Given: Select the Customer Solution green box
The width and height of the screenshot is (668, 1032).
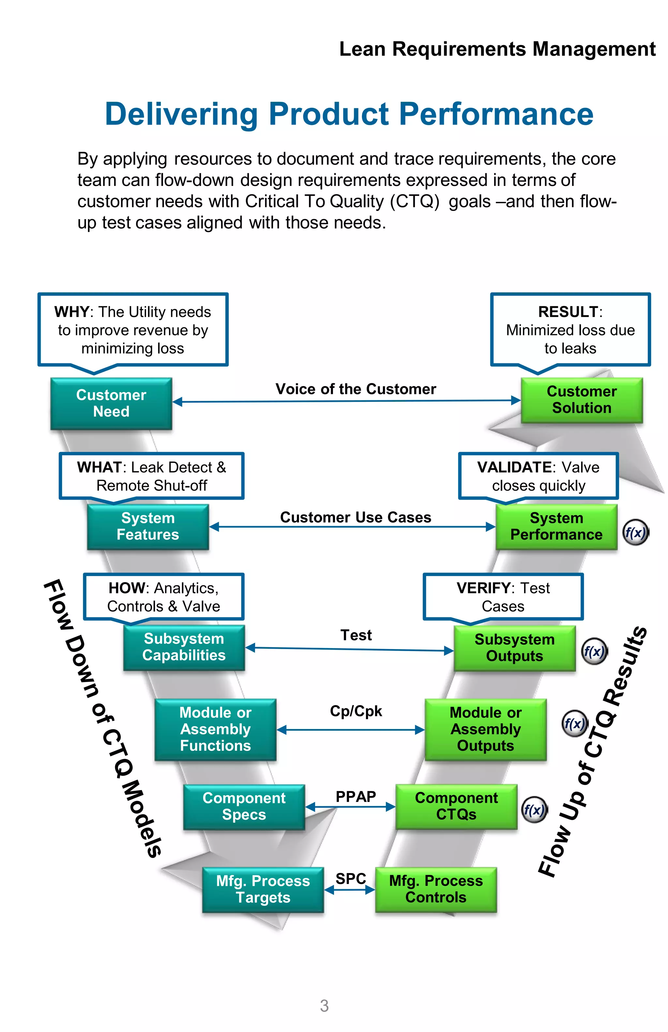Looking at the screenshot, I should [581, 400].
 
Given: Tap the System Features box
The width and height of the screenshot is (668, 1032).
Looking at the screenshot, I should [147, 526].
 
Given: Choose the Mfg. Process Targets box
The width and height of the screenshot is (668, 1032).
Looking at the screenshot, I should [263, 889].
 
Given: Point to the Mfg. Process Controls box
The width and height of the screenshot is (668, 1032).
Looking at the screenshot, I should [436, 889].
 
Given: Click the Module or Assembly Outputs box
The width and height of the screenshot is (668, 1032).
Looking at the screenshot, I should [485, 729].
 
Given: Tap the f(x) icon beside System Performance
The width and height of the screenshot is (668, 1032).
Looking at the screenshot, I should [635, 532].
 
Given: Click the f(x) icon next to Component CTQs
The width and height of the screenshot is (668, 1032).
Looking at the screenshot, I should [534, 810].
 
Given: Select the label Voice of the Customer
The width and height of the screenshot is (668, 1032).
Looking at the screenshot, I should [356, 389].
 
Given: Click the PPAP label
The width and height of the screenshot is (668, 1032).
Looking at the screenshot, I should [356, 797].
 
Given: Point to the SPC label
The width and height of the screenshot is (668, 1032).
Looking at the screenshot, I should [351, 878].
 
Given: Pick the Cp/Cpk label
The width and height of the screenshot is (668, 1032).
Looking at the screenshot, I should [356, 711].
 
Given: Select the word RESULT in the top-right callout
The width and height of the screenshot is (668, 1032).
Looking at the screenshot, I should [568, 312].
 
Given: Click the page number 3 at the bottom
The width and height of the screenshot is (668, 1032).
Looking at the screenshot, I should [324, 1006].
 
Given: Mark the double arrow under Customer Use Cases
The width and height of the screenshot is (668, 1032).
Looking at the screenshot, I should [352, 527].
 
